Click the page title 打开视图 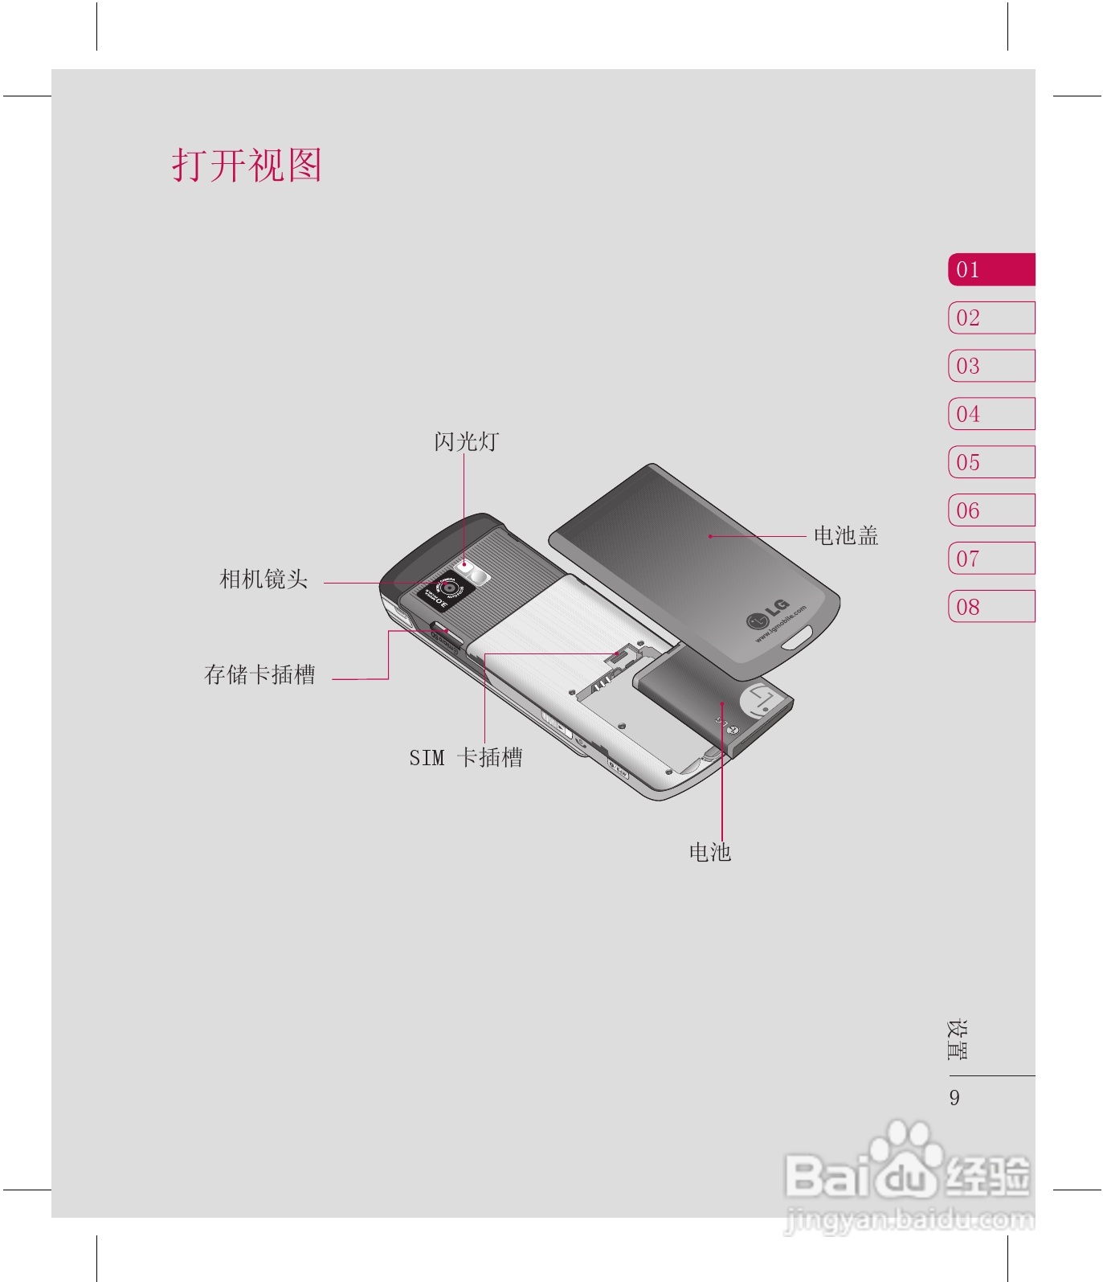(247, 166)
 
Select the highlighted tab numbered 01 (991, 269)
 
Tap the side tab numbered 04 (991, 414)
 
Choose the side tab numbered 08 (991, 606)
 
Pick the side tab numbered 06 (991, 510)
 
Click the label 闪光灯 (466, 441)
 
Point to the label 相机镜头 (263, 579)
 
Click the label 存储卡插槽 (259, 674)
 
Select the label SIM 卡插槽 (466, 757)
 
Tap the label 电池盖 (845, 535)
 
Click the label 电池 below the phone (709, 851)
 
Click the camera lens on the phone (448, 588)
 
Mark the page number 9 (954, 1097)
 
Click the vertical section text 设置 (957, 1040)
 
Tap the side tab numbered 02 (991, 317)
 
